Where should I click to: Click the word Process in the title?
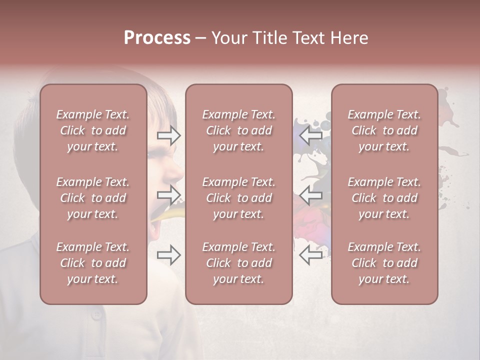[x=157, y=38]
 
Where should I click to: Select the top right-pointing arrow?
[x=169, y=135]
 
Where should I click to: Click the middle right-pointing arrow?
[x=169, y=195]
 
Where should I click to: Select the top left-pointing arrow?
[x=310, y=135]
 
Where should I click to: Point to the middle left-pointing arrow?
[x=310, y=195]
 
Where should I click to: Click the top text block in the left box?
[x=93, y=130]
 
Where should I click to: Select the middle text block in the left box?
[x=93, y=198]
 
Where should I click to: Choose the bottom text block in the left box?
[x=93, y=263]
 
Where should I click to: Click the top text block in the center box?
[x=238, y=130]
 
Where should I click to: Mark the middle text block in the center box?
[x=238, y=198]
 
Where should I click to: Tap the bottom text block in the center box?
[x=238, y=263]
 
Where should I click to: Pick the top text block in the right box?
[x=384, y=130]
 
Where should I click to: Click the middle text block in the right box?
[x=384, y=198]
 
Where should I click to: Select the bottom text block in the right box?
[x=384, y=263]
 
